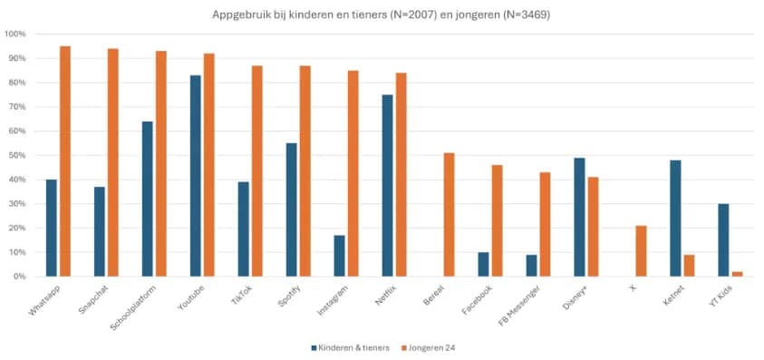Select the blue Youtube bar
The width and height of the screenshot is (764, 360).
[x=196, y=176]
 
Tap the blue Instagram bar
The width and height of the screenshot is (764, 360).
[x=339, y=256]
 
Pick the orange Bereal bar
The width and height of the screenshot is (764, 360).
[x=449, y=214]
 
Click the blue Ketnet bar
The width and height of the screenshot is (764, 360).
[x=675, y=218]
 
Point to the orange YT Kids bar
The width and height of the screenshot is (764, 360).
[x=736, y=274]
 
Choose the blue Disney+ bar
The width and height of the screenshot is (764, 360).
[x=579, y=217]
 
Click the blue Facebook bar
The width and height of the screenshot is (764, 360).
[x=483, y=264]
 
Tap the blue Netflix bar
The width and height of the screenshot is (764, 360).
[x=387, y=185]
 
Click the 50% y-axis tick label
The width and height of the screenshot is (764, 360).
[x=17, y=155]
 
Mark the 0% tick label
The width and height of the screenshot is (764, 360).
[x=19, y=276]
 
